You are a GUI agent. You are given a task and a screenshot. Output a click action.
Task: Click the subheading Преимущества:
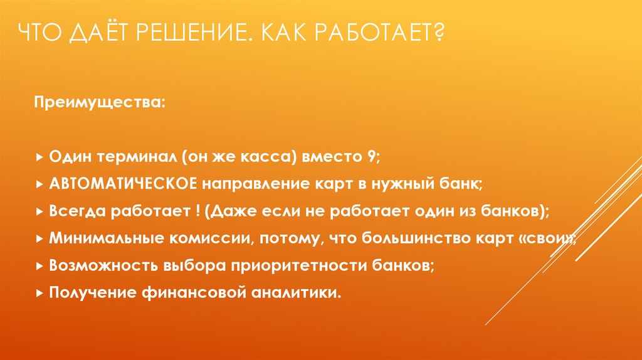pyautogui.click(x=100, y=102)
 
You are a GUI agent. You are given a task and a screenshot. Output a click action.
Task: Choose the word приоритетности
pyautogui.click(x=278, y=265)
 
